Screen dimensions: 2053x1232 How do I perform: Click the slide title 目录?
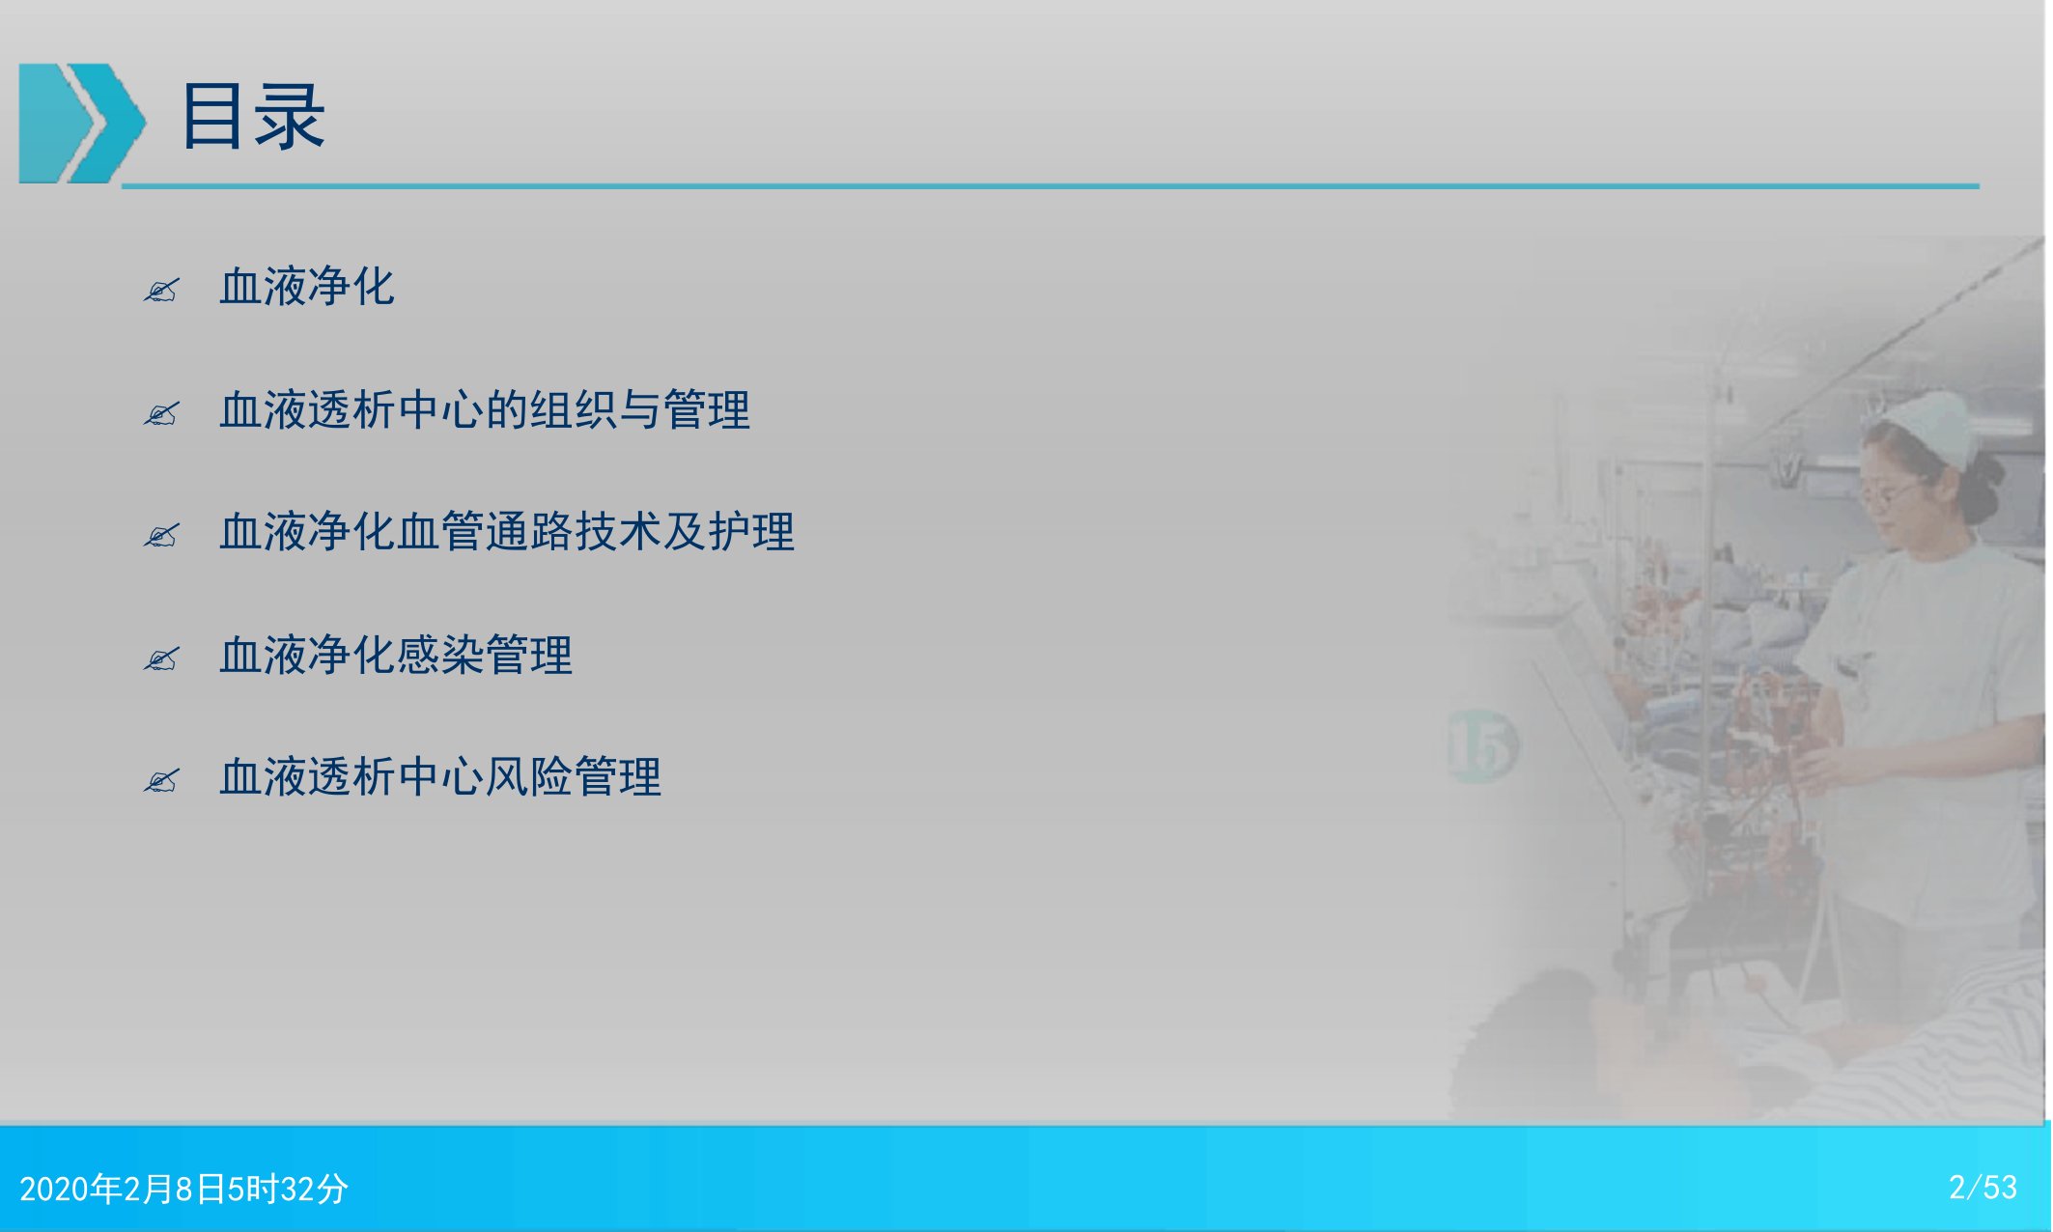[253, 117]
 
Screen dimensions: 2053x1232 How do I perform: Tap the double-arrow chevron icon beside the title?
[82, 123]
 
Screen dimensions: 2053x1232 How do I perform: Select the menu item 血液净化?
[307, 287]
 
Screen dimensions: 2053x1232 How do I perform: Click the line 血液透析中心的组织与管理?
[485, 409]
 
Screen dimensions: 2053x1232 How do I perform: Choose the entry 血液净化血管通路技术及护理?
[507, 532]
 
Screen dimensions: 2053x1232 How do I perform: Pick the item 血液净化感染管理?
[396, 655]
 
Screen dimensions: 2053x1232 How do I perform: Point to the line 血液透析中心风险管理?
[440, 777]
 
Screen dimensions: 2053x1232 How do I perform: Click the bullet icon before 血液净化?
[161, 290]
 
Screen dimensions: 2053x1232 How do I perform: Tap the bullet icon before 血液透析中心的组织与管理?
[161, 413]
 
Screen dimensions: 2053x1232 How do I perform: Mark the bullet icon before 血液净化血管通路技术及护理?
[161, 535]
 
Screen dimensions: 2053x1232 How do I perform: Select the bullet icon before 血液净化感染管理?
[161, 658]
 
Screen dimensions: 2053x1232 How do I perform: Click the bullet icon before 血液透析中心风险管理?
[161, 780]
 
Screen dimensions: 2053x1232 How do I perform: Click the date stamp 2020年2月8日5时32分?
[183, 1189]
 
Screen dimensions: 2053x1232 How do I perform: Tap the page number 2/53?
[1983, 1187]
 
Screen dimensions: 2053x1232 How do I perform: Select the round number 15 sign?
[1482, 745]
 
